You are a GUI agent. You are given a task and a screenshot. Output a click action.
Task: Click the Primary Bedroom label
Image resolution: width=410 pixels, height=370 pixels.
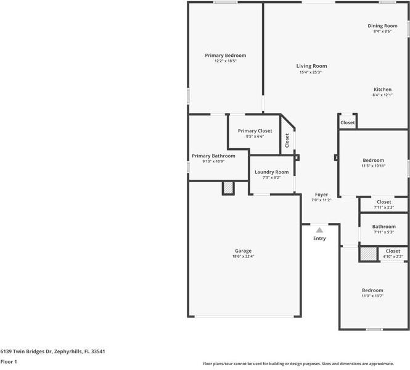[226, 56]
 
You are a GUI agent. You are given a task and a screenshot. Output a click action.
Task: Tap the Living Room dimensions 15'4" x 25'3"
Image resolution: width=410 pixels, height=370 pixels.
[310, 72]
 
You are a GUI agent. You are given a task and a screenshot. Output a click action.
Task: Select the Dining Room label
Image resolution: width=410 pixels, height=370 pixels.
[382, 26]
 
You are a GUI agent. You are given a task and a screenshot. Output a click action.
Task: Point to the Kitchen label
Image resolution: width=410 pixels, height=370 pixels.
[382, 90]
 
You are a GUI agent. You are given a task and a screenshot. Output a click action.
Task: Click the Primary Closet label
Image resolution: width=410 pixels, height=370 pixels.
[255, 131]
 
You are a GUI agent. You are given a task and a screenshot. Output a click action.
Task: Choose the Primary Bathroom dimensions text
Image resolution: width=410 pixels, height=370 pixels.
[213, 161]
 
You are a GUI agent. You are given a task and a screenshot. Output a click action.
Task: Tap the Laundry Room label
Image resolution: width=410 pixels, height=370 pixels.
[272, 172]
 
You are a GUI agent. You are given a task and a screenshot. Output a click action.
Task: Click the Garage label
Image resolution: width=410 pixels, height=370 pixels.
[243, 251]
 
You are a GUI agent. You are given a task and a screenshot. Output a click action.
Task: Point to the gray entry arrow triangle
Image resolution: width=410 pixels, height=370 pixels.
[319, 230]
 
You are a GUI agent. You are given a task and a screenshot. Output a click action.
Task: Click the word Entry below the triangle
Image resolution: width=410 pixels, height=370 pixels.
[319, 238]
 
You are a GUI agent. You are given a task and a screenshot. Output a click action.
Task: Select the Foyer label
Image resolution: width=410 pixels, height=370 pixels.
[321, 195]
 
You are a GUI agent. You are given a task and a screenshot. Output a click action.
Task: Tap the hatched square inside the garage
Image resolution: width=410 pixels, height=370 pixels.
[228, 188]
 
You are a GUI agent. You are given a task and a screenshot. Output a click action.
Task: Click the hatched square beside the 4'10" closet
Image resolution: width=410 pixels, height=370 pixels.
[369, 254]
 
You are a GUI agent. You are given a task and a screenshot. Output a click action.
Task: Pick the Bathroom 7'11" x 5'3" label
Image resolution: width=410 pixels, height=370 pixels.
[384, 227]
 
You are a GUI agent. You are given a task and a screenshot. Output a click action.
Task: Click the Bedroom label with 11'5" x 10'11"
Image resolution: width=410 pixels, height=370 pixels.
[374, 160]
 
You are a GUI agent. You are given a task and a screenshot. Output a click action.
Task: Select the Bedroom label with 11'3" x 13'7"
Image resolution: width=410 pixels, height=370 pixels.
[372, 290]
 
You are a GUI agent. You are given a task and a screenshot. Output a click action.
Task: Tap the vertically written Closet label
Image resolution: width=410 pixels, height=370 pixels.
[287, 140]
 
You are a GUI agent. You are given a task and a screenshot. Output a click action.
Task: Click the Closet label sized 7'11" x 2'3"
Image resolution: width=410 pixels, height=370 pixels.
[384, 202]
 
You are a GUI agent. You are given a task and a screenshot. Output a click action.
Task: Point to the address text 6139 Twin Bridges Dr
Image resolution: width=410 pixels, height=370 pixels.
[26, 351]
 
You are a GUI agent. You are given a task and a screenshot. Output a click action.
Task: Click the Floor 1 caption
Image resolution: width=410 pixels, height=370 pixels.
[9, 361]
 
